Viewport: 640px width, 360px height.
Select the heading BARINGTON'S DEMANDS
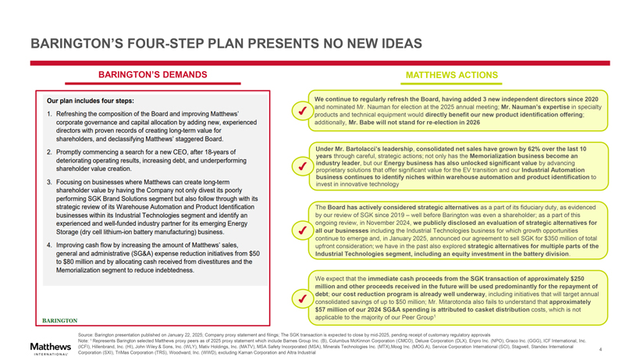coord(151,75)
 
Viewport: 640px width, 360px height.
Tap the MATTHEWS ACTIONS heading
coord(452,75)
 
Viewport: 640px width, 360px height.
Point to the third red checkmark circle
coord(300,230)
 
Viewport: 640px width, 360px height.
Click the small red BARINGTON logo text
coord(59,321)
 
